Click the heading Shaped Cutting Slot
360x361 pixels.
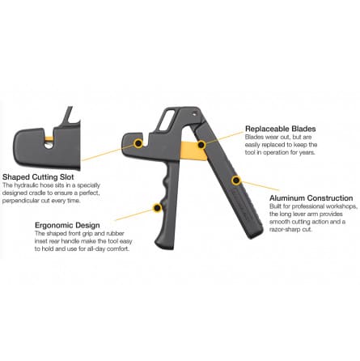(38, 177)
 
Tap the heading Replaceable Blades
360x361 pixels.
(281, 129)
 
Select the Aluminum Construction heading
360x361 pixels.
(311, 198)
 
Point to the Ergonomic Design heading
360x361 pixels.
(67, 225)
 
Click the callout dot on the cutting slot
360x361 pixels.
(138, 143)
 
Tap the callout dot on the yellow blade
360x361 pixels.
(201, 145)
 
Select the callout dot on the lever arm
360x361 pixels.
(236, 180)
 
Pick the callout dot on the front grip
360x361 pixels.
(157, 208)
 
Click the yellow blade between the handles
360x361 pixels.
(192, 151)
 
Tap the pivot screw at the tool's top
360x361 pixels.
(194, 114)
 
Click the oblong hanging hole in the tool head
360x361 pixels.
(165, 121)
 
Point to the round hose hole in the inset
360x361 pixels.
(49, 145)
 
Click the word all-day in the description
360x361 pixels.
(96, 248)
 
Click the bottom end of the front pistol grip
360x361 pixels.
(164, 244)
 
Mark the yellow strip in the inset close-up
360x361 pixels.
(49, 139)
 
